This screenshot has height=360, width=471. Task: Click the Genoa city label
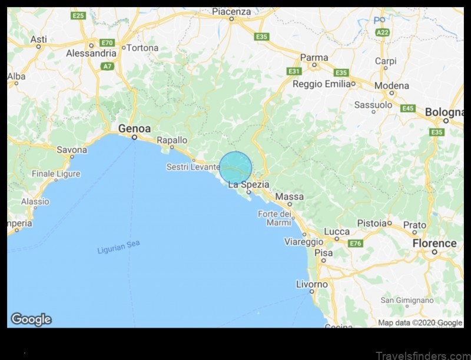(134, 128)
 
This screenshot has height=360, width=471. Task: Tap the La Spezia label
(248, 184)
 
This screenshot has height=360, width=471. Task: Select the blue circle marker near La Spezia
(235, 168)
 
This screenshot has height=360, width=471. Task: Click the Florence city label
(434, 243)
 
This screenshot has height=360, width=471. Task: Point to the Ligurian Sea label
(118, 247)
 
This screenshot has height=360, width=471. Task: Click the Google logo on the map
(31, 319)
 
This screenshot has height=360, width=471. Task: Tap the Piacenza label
(231, 11)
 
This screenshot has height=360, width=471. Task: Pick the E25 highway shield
(78, 15)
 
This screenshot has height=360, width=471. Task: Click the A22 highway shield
(382, 33)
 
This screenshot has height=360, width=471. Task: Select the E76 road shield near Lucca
(355, 243)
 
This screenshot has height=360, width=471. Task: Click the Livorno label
(311, 284)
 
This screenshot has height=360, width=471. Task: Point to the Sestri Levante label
(193, 167)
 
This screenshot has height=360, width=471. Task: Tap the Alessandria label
(91, 53)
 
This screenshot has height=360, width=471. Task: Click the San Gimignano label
(407, 300)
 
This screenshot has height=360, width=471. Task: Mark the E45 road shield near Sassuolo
(407, 108)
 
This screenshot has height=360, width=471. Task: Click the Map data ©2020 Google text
(420, 322)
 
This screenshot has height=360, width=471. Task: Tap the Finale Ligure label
(56, 174)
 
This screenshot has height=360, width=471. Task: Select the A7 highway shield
(107, 66)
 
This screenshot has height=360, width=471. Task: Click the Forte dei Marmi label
(274, 218)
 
